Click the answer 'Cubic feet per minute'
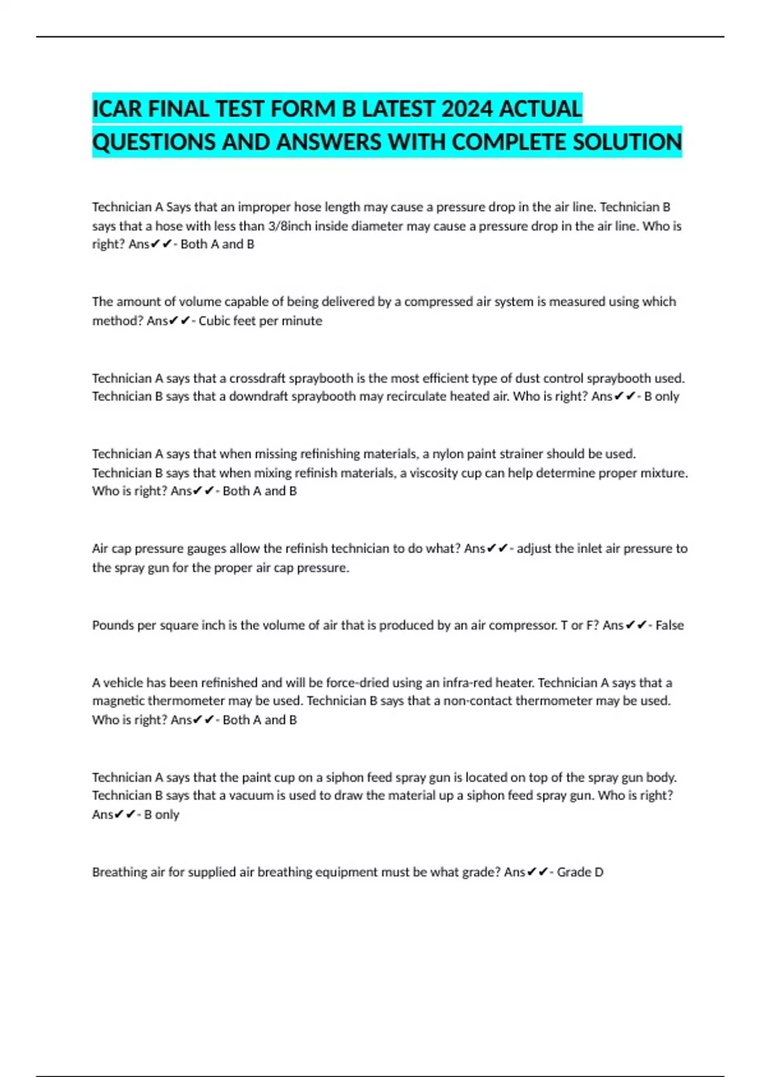pos(260,321)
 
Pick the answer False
pos(670,625)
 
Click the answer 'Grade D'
pos(580,872)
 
